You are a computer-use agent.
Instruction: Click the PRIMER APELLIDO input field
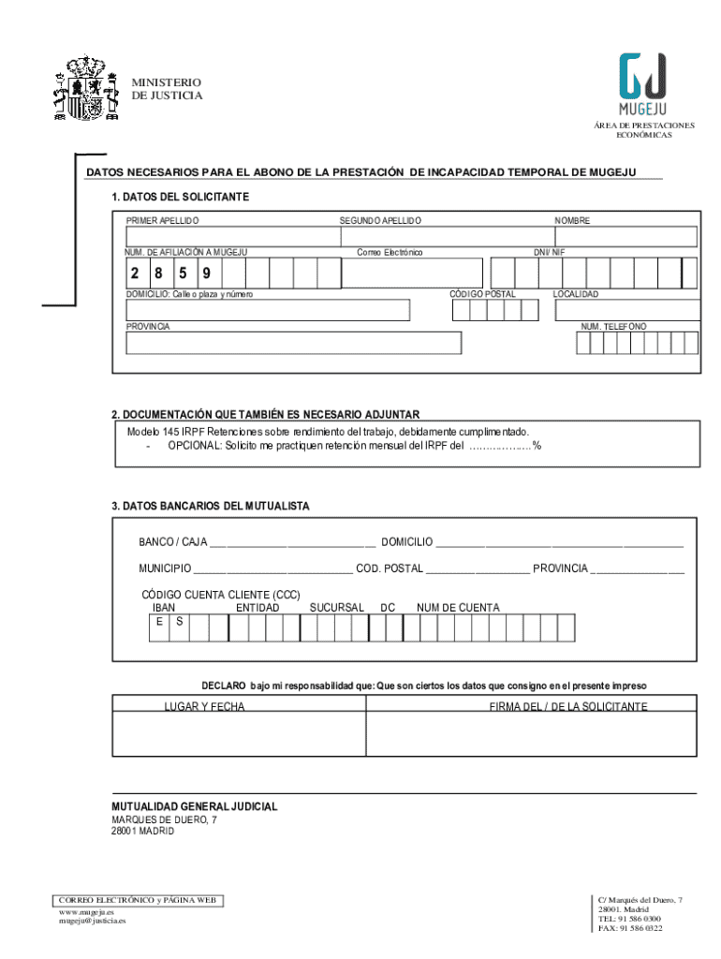228,236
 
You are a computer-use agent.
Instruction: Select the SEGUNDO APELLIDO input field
440,236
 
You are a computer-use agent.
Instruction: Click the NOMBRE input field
625,236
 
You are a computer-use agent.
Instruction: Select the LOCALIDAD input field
625,309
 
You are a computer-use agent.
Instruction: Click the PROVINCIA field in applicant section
294,343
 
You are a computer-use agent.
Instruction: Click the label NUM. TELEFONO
613,326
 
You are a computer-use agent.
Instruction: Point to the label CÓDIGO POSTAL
482,294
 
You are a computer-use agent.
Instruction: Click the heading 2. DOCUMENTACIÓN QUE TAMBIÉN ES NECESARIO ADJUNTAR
265,414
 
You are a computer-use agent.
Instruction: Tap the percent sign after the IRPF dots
537,446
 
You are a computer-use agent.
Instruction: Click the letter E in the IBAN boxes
160,621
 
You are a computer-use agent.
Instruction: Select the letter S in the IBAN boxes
179,621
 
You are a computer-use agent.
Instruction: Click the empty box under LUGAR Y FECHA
238,734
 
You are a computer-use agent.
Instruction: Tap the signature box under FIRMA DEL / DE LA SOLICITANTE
531,734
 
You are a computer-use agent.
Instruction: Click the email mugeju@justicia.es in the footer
92,921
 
